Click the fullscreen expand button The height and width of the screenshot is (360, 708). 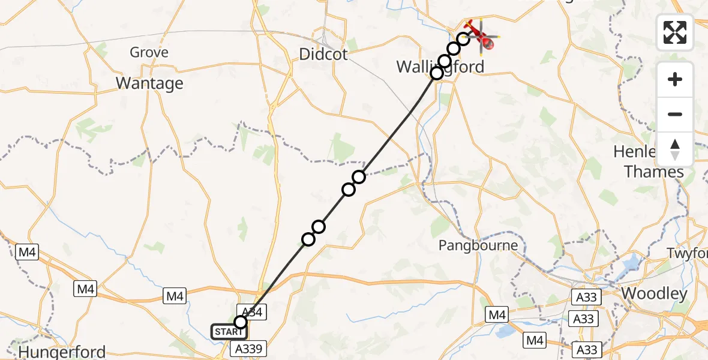[675, 32]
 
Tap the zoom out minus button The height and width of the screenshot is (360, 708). [675, 114]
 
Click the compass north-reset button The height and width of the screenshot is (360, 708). [675, 149]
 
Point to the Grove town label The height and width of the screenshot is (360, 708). [149, 53]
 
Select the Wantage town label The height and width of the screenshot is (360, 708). [149, 83]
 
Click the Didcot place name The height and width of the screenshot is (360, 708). [323, 55]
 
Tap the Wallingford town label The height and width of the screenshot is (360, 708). [440, 66]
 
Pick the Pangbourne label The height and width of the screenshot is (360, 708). [478, 245]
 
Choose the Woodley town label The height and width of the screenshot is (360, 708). [654, 293]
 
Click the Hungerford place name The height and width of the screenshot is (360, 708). [62, 352]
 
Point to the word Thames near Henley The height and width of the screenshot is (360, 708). [654, 172]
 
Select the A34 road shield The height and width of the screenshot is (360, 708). [251, 311]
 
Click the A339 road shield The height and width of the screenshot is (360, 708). [247, 349]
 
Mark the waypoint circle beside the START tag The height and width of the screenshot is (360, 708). [240, 322]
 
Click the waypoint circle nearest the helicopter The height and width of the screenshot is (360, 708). [463, 39]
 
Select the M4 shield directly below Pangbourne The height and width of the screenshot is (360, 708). [497, 314]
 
